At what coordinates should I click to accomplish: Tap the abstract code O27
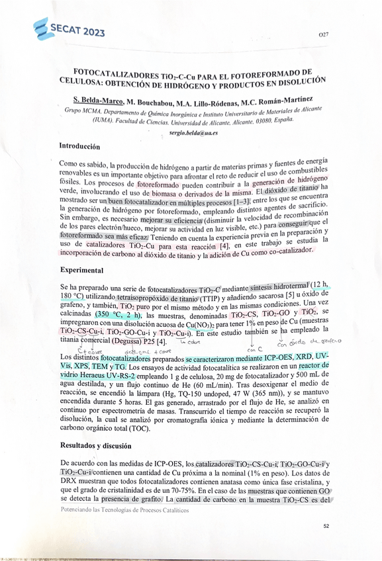pos(323,34)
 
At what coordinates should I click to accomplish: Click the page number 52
pos(326,526)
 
